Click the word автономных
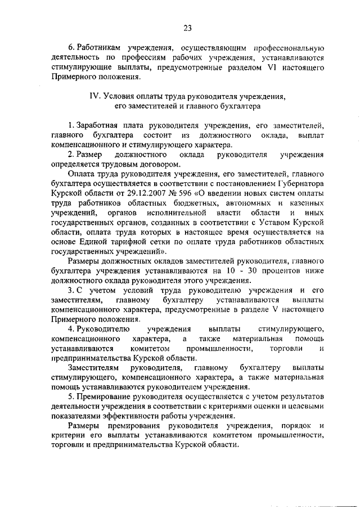tap(224, 202)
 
